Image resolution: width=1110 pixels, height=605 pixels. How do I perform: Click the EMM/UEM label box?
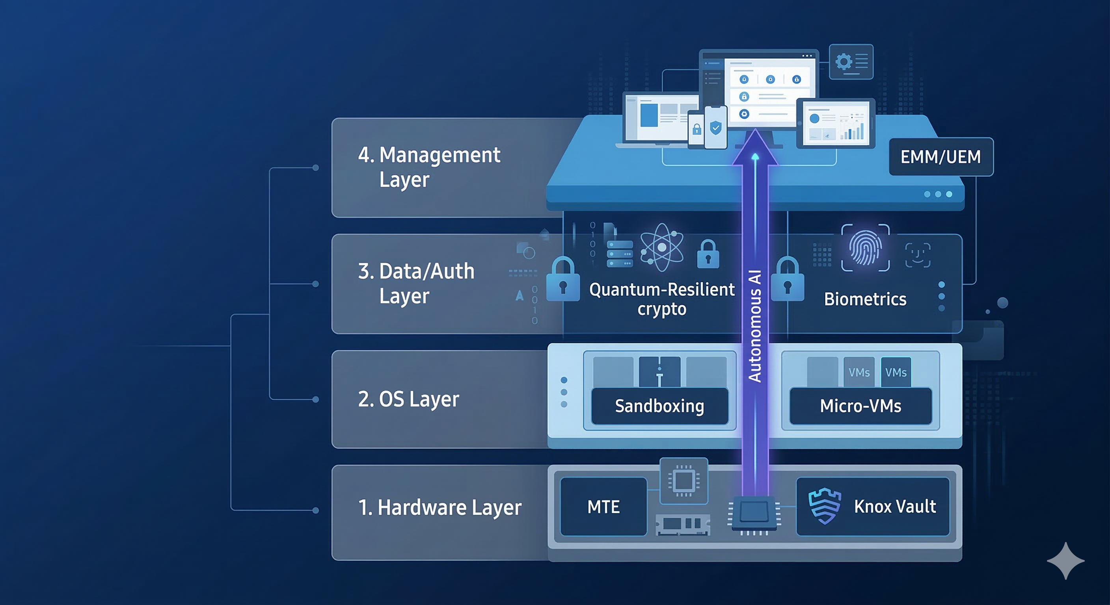(x=941, y=157)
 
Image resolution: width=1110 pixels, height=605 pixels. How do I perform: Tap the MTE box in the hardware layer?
(x=603, y=507)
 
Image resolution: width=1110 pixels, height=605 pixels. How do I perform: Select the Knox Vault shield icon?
(x=824, y=506)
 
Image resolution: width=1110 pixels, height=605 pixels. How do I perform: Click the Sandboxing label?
(x=659, y=406)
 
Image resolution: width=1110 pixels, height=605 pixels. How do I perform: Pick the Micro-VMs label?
(x=860, y=406)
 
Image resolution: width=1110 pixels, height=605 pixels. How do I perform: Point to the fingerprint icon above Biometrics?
(x=865, y=248)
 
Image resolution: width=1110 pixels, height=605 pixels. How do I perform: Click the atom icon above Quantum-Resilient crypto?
(x=661, y=248)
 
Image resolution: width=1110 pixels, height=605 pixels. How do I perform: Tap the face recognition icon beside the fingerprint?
(x=917, y=255)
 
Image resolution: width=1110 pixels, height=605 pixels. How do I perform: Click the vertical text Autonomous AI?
(x=755, y=326)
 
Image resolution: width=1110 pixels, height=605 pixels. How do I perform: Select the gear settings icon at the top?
(x=844, y=62)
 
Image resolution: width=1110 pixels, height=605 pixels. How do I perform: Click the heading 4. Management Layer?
(x=429, y=167)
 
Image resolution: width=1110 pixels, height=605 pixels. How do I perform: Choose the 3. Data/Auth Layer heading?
(x=416, y=283)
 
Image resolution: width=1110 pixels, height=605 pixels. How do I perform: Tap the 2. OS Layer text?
(x=408, y=399)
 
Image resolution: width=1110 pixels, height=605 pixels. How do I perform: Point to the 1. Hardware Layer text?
(x=440, y=507)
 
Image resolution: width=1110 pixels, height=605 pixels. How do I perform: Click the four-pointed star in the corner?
(x=1065, y=560)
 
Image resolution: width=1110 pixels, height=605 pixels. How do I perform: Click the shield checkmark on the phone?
(x=716, y=128)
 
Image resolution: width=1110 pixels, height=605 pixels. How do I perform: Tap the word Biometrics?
(x=865, y=299)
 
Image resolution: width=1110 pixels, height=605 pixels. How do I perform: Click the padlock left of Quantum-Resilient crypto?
(x=563, y=280)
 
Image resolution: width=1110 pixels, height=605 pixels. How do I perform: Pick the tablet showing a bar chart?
(x=836, y=123)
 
